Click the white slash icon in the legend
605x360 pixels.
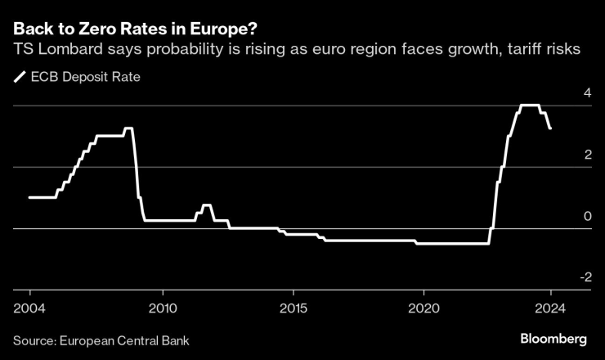[x=19, y=78]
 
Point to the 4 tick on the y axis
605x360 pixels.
[x=586, y=94]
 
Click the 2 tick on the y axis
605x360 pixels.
[x=586, y=155]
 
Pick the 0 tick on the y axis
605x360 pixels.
[x=586, y=217]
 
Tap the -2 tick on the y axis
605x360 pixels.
[x=584, y=278]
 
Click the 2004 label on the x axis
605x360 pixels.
[x=29, y=308]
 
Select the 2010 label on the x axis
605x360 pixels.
[x=162, y=308]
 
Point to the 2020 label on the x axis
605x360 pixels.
[x=425, y=308]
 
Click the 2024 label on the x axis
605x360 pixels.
[x=549, y=308]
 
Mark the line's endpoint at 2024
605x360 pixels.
[x=550, y=128]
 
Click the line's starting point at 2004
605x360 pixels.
[x=29, y=197]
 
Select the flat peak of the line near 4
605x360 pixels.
[x=530, y=106]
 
